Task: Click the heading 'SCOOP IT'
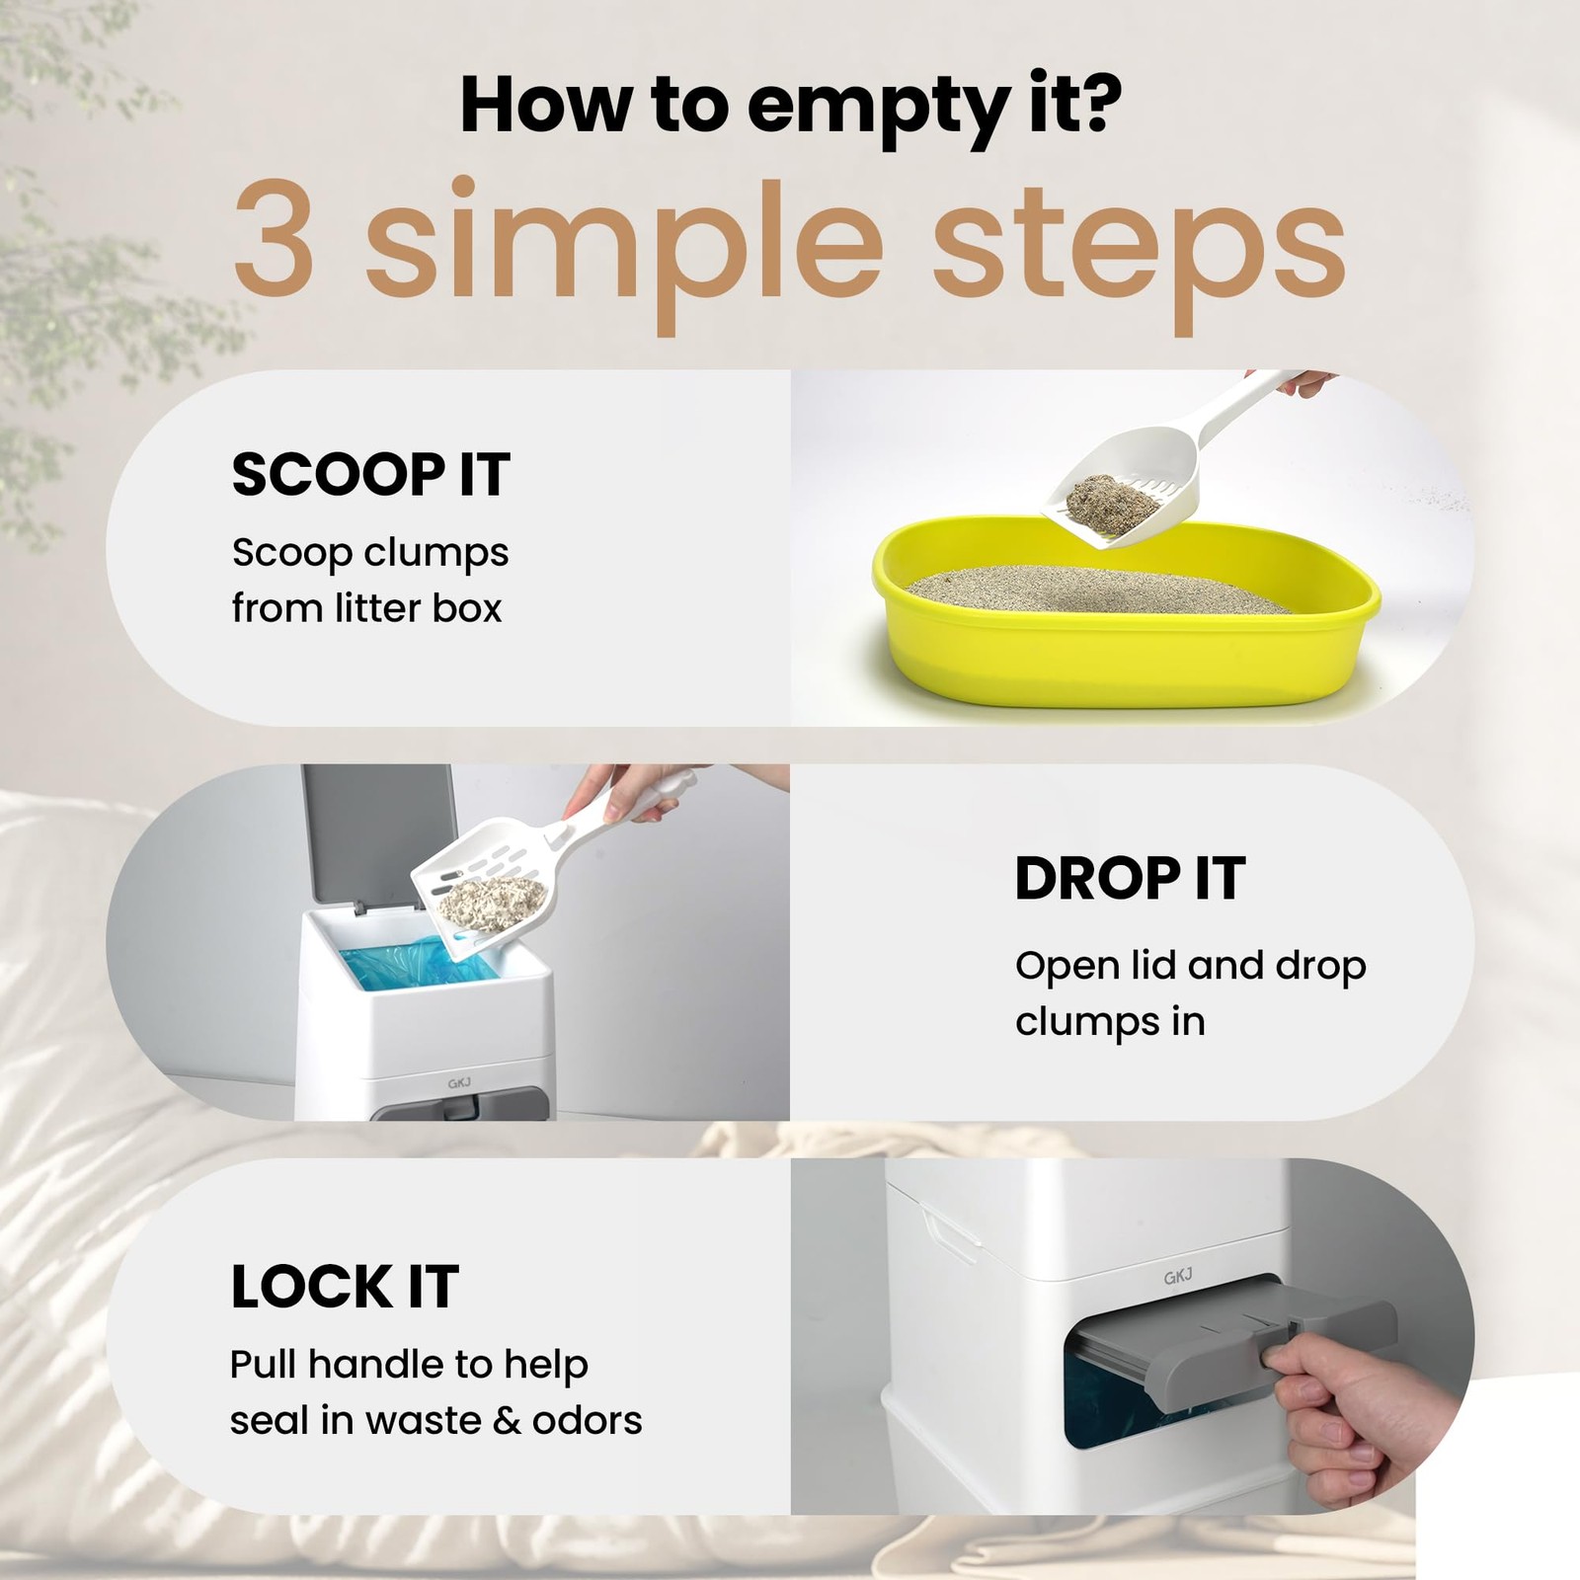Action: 370,474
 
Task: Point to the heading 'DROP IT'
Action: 1130,878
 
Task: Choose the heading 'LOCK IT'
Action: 345,1286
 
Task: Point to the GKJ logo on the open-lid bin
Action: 459,1082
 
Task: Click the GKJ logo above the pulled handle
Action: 1178,1276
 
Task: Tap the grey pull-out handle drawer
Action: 1234,1328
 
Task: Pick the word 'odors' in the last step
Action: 588,1420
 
